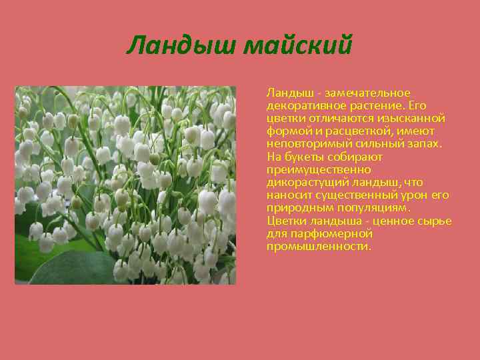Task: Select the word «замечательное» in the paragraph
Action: click(377, 93)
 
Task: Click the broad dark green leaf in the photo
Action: click(73, 267)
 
